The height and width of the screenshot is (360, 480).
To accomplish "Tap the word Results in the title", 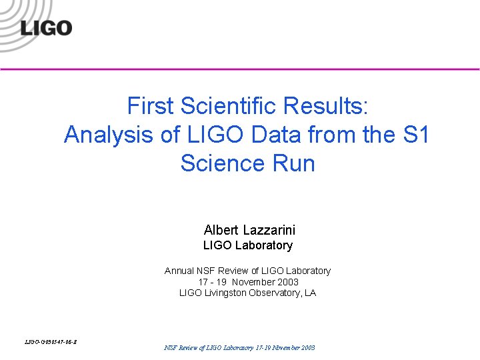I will click(x=327, y=106).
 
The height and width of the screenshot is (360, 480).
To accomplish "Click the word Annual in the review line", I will click(x=179, y=271).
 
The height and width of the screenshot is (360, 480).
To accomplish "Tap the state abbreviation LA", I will click(x=310, y=293).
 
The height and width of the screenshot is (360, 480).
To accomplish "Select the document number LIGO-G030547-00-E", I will click(x=51, y=342).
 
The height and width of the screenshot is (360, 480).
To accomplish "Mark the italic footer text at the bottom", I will click(x=239, y=348).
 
